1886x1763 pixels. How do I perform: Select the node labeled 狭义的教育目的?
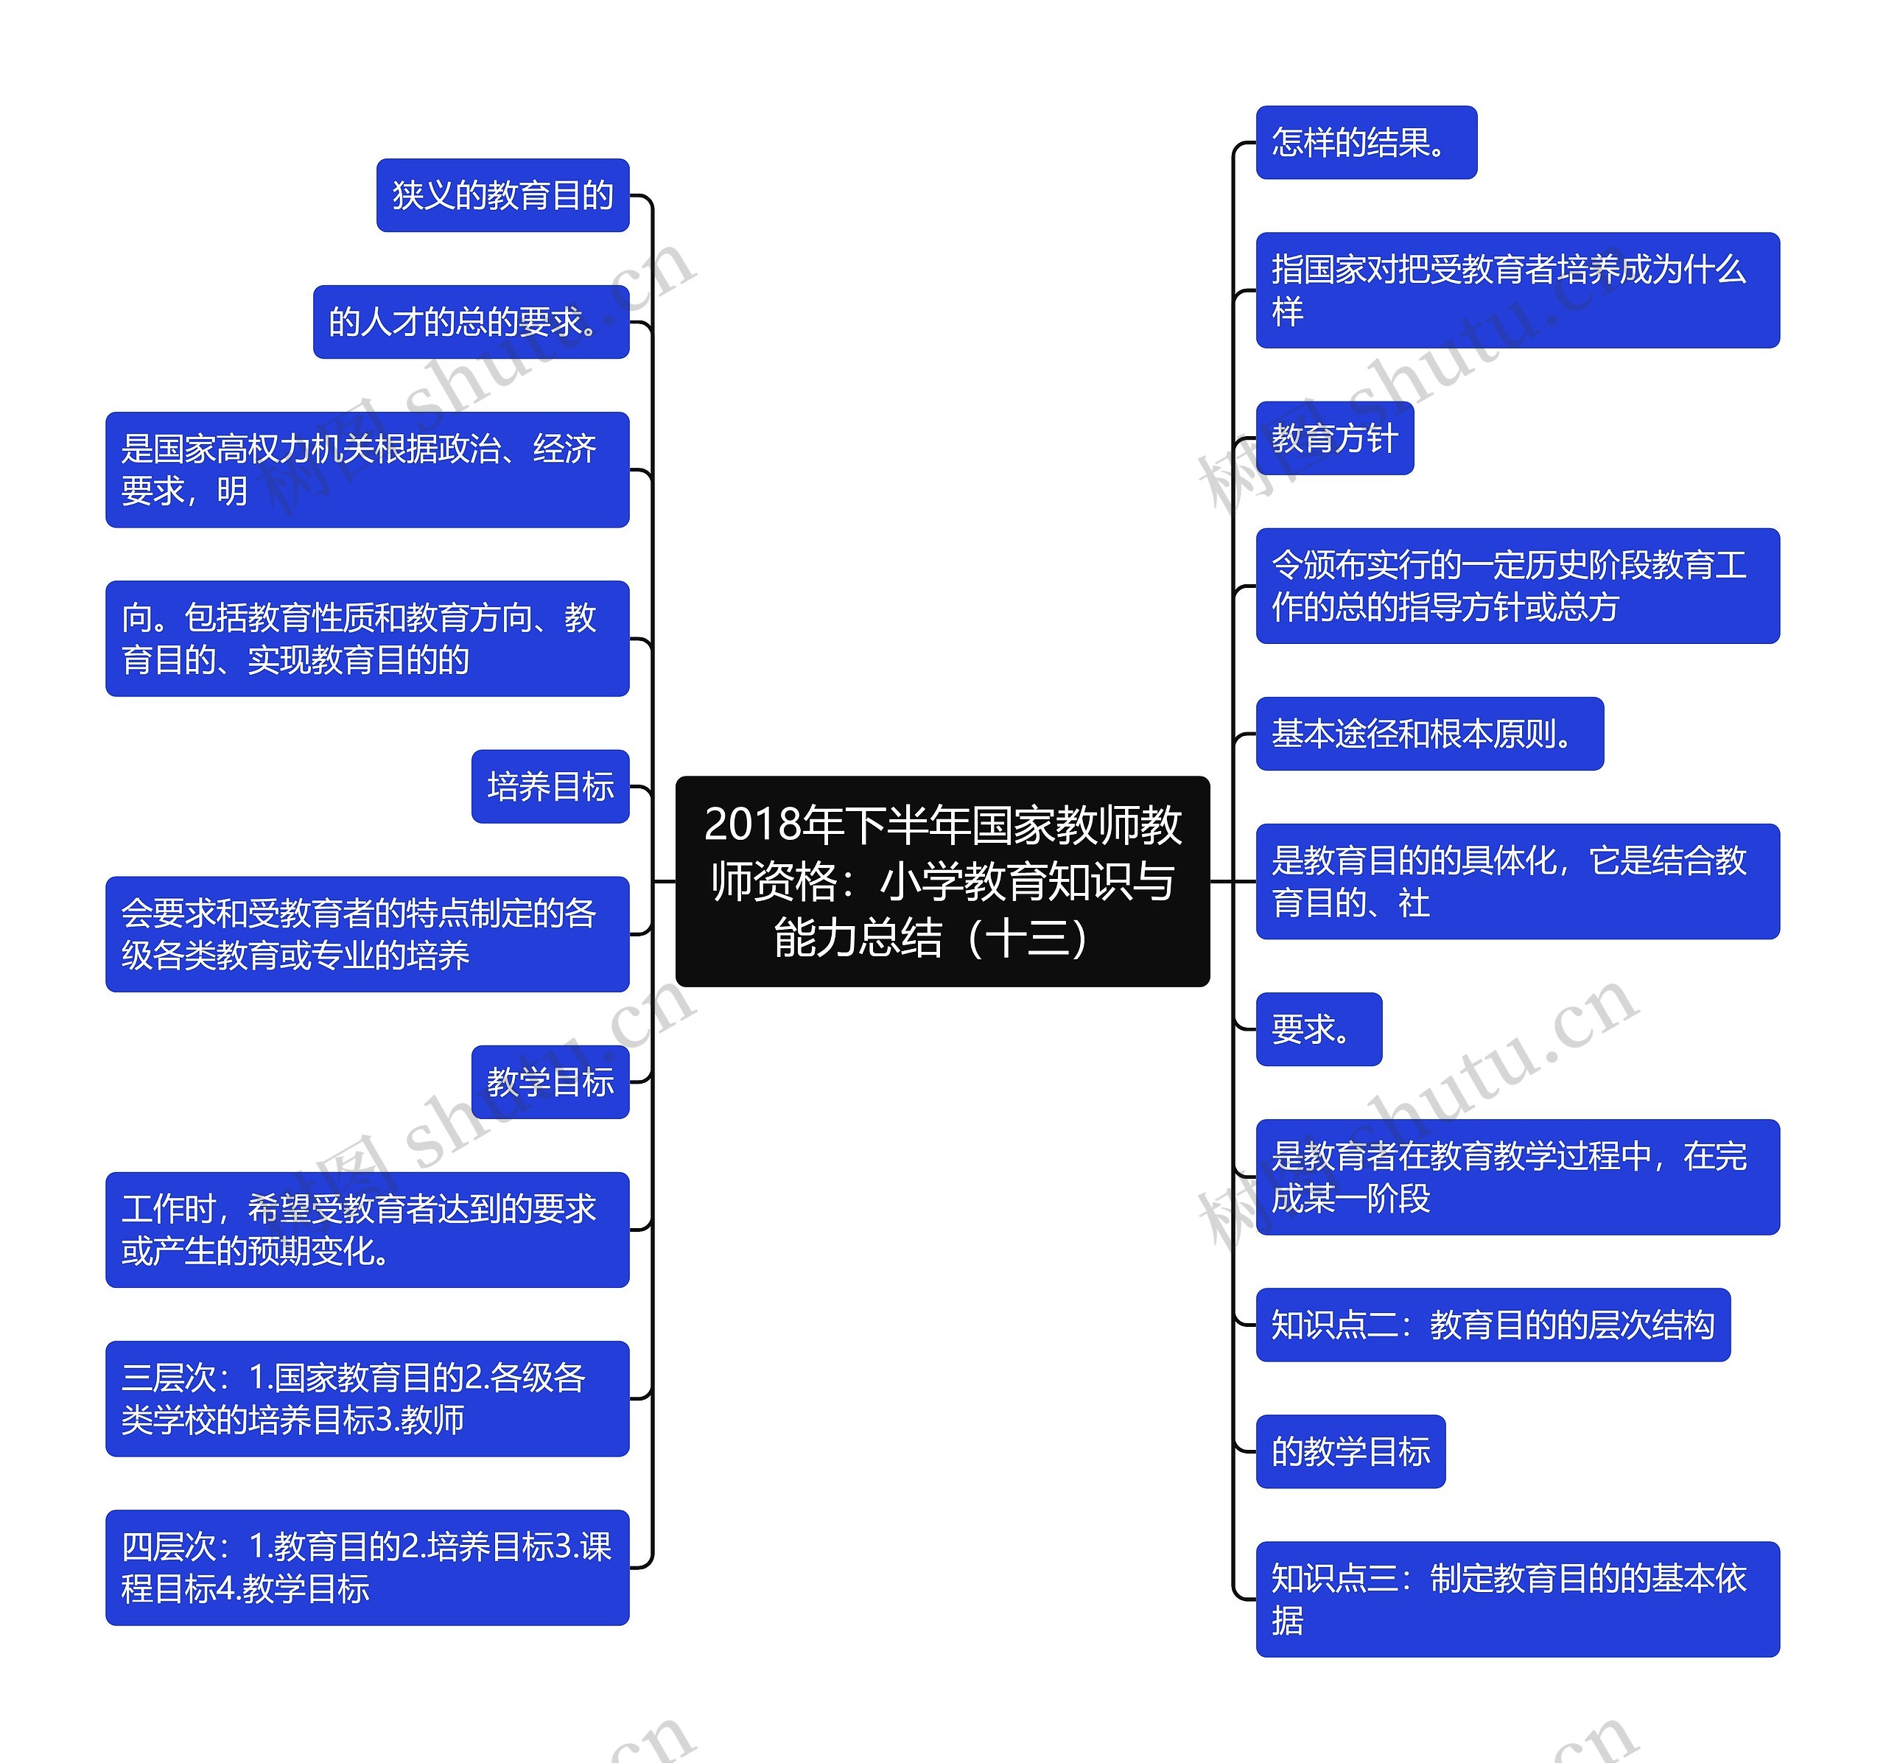tap(502, 195)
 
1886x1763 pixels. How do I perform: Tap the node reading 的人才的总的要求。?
tap(471, 322)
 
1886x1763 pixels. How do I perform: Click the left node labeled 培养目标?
tap(550, 787)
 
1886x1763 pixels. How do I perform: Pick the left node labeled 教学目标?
tap(550, 1082)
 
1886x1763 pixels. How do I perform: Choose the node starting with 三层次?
tap(367, 1398)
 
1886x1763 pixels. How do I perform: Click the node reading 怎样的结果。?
tap(1365, 142)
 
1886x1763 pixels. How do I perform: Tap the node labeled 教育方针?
tap(1334, 438)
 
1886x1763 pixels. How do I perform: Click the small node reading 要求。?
tap(1318, 1028)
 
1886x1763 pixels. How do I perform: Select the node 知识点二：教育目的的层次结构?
tap(1493, 1325)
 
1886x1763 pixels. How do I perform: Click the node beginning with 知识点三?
tap(1517, 1599)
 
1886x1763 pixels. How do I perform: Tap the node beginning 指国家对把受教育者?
tap(1517, 290)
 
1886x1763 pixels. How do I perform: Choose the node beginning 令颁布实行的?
tap(1517, 586)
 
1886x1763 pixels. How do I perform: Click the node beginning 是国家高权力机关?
tap(367, 470)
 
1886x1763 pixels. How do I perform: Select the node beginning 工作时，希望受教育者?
tap(367, 1230)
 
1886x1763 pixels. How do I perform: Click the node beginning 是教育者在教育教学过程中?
tap(1517, 1177)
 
